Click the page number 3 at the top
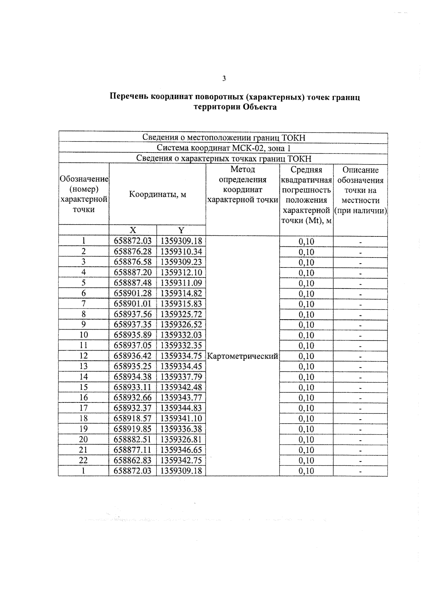tap(224, 79)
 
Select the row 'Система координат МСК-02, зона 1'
tap(223, 148)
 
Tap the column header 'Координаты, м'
tap(157, 195)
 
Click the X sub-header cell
tap(133, 230)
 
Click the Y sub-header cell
tap(181, 230)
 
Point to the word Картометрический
tap(243, 356)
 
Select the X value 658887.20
tap(133, 273)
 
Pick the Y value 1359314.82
tap(181, 294)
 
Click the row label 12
tap(83, 356)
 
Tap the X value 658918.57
tap(133, 418)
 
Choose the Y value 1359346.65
tap(181, 450)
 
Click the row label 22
tap(83, 460)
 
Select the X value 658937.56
tap(133, 314)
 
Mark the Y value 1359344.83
tap(181, 408)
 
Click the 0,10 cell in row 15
tap(306, 387)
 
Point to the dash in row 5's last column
tap(361, 284)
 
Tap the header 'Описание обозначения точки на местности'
tap(360, 190)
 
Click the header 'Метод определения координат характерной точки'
tap(243, 185)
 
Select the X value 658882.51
tap(133, 439)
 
